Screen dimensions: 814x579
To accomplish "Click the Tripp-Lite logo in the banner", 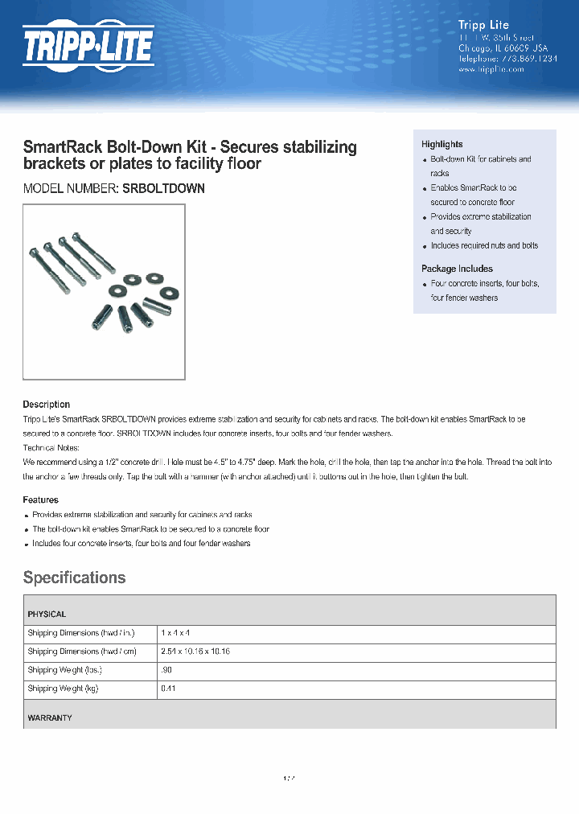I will tap(87, 46).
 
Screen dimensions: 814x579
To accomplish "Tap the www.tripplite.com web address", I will tap(491, 69).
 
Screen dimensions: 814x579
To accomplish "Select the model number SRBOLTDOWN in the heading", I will tap(163, 188).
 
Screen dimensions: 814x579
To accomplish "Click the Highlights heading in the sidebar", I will tap(441, 144).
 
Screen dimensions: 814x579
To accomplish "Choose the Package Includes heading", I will tap(457, 269).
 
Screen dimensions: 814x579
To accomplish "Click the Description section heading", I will tap(46, 405).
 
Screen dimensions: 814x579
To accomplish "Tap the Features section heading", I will tap(40, 500).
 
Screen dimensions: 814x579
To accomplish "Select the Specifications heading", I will tap(74, 578).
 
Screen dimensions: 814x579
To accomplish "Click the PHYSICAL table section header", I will tap(47, 614).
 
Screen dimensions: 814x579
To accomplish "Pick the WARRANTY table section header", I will tap(49, 717).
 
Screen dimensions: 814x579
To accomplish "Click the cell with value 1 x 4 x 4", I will tap(175, 633).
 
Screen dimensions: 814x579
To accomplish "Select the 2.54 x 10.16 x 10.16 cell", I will tap(195, 652).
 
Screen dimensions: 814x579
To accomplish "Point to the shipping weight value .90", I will tap(166, 670).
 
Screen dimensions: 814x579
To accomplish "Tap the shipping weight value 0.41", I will tap(168, 689).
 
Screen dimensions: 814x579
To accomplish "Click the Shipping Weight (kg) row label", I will tap(63, 689).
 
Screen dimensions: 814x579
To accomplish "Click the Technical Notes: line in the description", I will tap(51, 447).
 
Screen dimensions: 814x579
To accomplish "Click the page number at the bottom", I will tap(289, 779).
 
